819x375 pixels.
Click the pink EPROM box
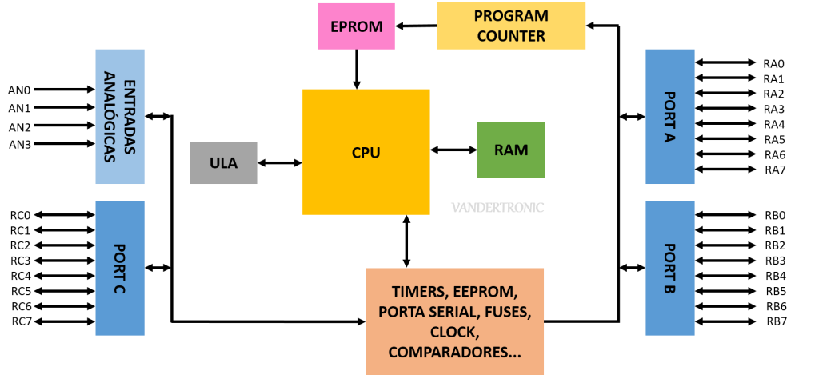(356, 26)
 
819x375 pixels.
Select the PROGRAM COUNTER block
(511, 26)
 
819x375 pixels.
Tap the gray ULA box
(223, 162)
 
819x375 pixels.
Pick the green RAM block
(511, 150)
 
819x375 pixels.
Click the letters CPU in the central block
(366, 153)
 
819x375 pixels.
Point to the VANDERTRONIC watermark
(497, 207)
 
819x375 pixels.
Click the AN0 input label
(20, 90)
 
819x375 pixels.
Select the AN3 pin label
(20, 144)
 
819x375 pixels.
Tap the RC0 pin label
(20, 215)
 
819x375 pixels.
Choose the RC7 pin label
(22, 321)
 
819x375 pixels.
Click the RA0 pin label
(773, 63)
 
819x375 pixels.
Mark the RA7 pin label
(774, 170)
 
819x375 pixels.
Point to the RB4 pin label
(776, 276)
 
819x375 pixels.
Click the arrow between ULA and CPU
(280, 163)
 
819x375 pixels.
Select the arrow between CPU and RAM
(453, 150)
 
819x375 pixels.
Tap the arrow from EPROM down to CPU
(357, 69)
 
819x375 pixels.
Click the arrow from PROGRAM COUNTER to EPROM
(416, 25)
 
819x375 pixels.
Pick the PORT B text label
(671, 269)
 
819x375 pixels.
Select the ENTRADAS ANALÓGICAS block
(120, 117)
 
